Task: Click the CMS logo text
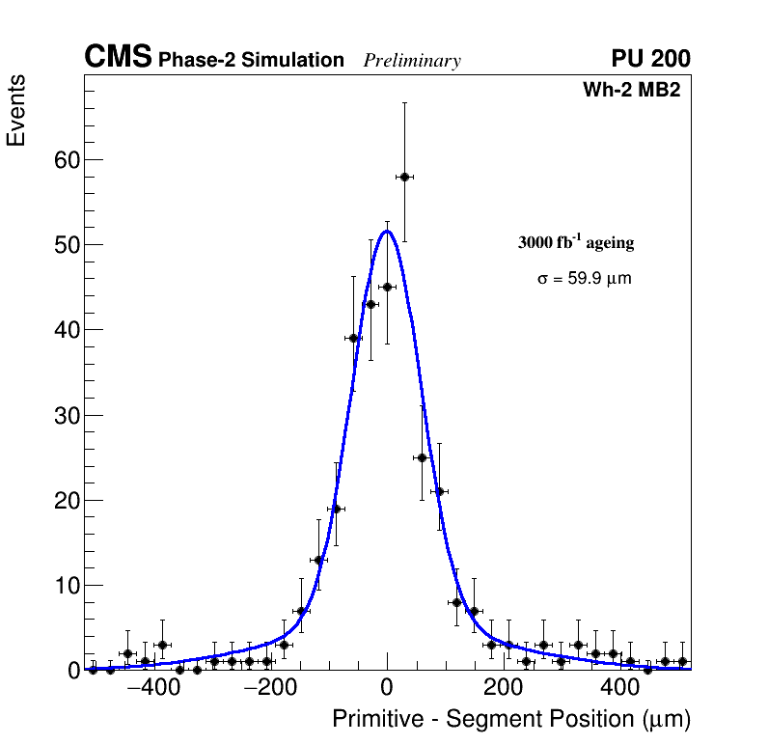(x=118, y=58)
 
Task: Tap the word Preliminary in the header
(x=412, y=61)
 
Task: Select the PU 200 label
(x=650, y=59)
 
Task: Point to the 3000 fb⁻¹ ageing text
(x=576, y=242)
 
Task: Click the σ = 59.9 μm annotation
(x=584, y=279)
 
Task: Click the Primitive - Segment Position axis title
(x=511, y=719)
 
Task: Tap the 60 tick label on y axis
(x=66, y=159)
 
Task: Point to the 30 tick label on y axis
(x=66, y=415)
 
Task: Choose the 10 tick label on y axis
(x=66, y=586)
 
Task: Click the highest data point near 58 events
(x=404, y=177)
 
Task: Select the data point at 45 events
(x=387, y=287)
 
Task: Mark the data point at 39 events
(x=353, y=338)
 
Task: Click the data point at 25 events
(x=422, y=457)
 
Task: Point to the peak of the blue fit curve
(x=387, y=231)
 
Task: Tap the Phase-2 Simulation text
(x=251, y=60)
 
